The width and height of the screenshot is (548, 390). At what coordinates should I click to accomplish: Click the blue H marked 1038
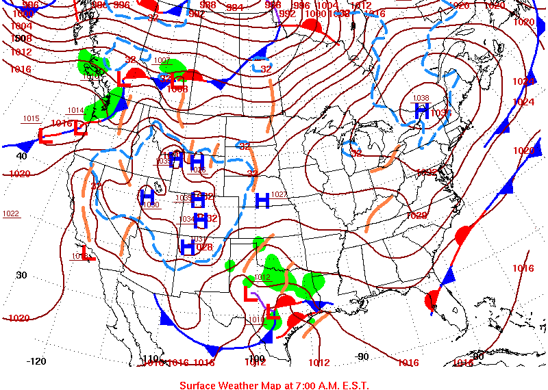(421, 110)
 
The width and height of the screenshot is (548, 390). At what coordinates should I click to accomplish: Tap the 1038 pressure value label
(421, 98)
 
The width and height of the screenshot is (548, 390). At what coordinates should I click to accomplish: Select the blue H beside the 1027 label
(262, 200)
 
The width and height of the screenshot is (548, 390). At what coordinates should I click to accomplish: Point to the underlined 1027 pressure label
(279, 194)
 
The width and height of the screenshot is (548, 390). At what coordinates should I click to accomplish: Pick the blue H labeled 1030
(147, 197)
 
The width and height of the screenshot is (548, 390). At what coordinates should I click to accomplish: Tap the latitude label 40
(21, 155)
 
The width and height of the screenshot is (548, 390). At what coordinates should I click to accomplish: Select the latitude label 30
(21, 275)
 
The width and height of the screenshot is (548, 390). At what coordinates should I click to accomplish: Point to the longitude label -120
(36, 361)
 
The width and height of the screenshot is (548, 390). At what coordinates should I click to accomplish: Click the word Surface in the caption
(199, 385)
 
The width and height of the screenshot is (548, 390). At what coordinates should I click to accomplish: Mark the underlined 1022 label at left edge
(11, 213)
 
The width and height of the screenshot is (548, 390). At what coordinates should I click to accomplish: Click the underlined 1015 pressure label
(31, 118)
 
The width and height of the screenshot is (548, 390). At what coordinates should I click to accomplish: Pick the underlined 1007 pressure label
(162, 60)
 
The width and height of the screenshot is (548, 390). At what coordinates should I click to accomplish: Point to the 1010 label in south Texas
(255, 319)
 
